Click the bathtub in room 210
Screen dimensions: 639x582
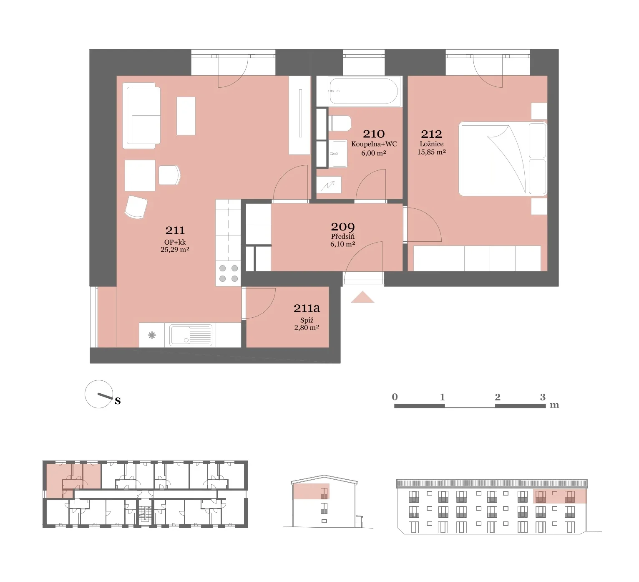[363, 91]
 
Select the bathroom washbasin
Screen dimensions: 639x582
[338, 154]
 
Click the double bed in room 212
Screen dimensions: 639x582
[503, 159]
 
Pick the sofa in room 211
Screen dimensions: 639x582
[141, 116]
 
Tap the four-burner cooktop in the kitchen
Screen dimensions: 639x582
[228, 273]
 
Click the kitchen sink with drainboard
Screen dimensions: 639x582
[191, 335]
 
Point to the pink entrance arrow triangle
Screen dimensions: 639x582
[362, 297]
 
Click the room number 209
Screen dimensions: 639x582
[343, 227]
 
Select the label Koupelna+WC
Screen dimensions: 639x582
[374, 144]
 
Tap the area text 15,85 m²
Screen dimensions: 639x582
[431, 152]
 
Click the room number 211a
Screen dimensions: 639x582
[307, 308]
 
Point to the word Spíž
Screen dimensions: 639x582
[307, 320]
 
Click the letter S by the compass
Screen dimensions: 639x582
[118, 400]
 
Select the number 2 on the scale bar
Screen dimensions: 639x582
[498, 397]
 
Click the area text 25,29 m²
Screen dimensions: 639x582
[175, 250]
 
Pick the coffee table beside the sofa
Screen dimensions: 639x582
[186, 116]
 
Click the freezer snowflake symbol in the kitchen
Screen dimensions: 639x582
[152, 335]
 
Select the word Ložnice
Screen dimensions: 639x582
[432, 144]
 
